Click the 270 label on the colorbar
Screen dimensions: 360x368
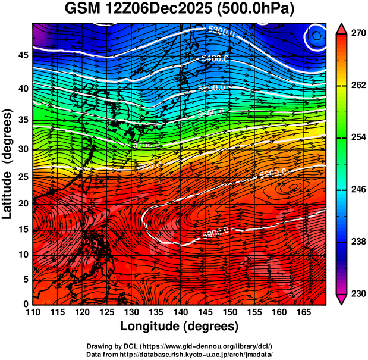(x=358, y=33)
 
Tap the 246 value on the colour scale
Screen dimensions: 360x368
(x=358, y=189)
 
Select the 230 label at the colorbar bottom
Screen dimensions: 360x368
(x=358, y=293)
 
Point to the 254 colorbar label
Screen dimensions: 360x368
(x=358, y=137)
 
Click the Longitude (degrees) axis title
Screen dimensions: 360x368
(x=180, y=326)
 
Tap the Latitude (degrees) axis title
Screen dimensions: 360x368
(x=8, y=163)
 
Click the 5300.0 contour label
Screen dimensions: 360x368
(x=221, y=31)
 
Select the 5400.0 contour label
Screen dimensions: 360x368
(x=213, y=58)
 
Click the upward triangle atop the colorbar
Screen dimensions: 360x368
(x=342, y=27)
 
